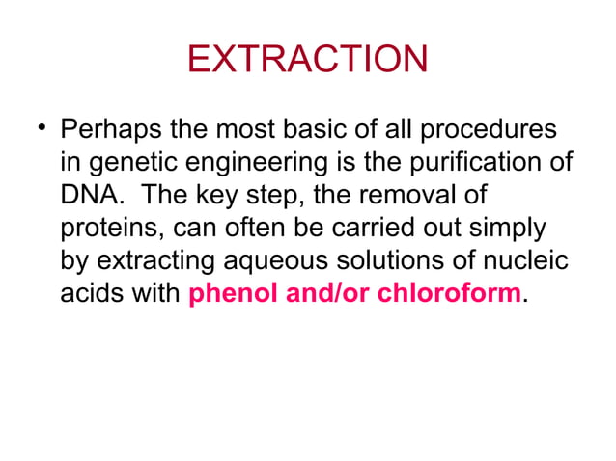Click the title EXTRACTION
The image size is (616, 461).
pyautogui.click(x=307, y=60)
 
